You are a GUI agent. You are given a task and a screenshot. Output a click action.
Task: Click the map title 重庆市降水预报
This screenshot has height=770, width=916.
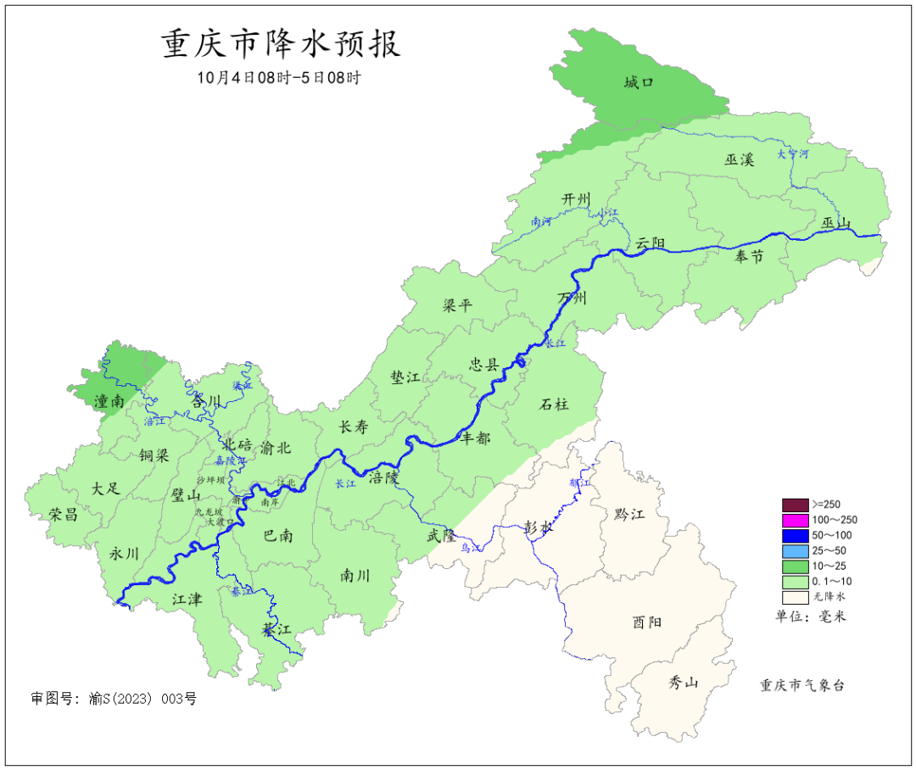click(281, 43)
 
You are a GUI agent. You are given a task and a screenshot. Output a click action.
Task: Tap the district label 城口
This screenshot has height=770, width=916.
click(639, 82)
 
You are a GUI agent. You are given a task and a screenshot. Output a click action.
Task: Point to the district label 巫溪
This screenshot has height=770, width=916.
click(739, 159)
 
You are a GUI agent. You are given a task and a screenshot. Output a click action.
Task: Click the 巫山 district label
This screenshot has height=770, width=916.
click(835, 223)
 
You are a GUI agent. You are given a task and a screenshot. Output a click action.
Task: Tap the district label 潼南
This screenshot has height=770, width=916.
click(111, 401)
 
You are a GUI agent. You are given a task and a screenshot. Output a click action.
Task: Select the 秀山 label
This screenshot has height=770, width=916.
click(683, 681)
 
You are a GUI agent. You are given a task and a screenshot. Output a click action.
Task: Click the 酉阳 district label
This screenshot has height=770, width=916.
click(647, 622)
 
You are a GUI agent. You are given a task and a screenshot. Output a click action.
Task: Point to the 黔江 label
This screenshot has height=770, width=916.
click(628, 514)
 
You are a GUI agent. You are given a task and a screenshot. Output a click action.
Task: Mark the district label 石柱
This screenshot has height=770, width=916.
click(554, 404)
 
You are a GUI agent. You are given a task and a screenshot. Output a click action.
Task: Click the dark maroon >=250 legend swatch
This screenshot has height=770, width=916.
click(795, 505)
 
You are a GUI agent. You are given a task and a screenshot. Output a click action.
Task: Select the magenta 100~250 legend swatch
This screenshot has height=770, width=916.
click(795, 520)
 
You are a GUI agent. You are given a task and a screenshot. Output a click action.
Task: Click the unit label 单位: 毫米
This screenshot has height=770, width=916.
click(811, 617)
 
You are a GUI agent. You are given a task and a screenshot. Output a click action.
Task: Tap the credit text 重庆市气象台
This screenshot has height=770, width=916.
click(801, 685)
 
